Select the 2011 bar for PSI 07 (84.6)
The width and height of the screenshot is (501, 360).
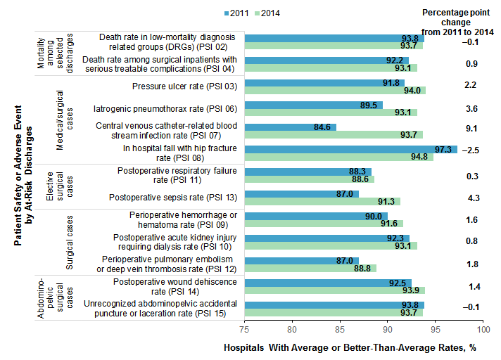click(290, 127)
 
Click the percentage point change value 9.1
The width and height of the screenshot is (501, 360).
click(472, 129)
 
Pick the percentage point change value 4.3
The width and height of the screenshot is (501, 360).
click(472, 198)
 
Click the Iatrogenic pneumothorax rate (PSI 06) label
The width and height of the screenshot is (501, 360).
click(165, 109)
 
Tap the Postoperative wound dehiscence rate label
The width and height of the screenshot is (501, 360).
click(175, 286)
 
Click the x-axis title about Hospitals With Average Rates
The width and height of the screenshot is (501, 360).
click(350, 348)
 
